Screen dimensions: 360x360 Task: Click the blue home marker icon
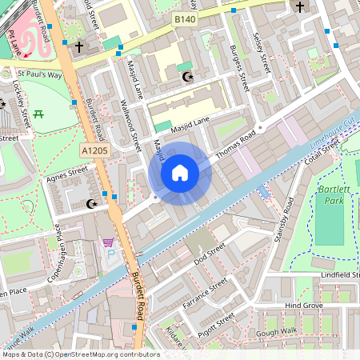click(x=180, y=173)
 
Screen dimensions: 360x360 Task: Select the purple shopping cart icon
click(x=107, y=243)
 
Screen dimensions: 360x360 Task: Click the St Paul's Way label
click(x=40, y=74)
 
